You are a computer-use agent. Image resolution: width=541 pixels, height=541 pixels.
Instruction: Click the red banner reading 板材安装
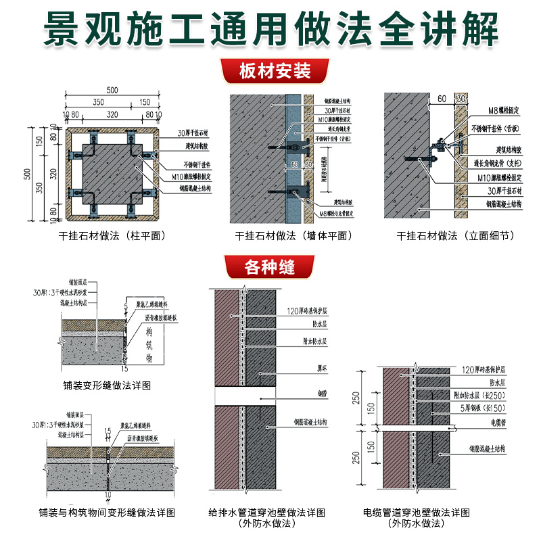270,70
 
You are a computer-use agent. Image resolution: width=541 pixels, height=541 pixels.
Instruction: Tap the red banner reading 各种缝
270,266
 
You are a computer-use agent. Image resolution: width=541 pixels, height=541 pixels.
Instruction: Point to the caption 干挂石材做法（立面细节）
456,236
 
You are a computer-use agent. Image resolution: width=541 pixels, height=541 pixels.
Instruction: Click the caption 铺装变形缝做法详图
102,385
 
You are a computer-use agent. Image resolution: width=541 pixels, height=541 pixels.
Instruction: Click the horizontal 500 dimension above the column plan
112,91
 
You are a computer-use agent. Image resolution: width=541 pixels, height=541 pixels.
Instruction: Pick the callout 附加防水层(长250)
489,395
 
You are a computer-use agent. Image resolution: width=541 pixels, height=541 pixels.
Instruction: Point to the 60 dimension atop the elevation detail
440,99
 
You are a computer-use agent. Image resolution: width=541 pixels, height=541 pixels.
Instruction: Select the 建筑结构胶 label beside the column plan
199,147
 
